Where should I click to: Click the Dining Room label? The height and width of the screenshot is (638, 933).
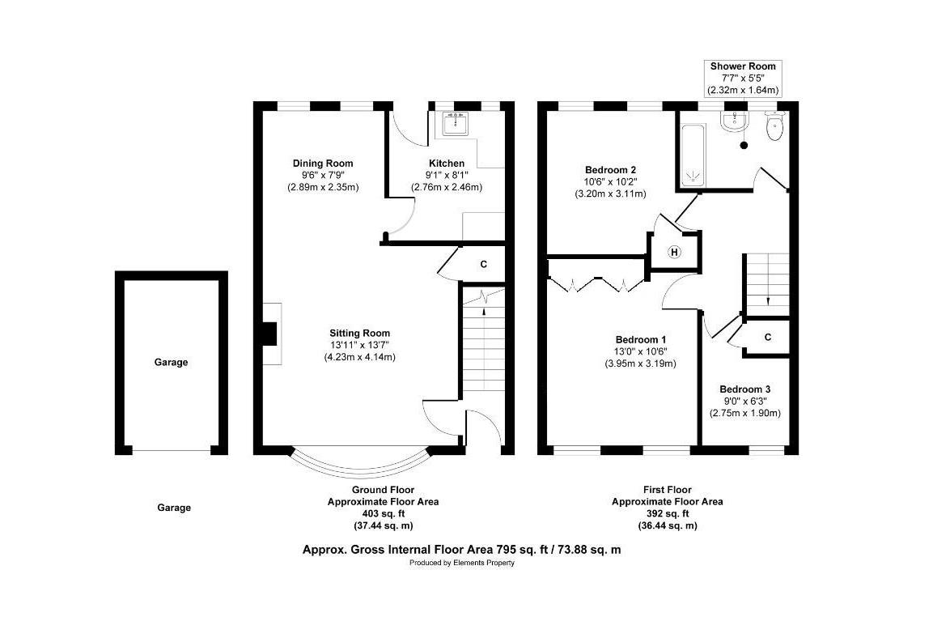point(323,163)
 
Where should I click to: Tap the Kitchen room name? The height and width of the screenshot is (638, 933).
point(446,163)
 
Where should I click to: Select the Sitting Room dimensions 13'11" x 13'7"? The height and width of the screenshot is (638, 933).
point(359,345)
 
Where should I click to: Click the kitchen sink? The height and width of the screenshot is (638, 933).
point(456,124)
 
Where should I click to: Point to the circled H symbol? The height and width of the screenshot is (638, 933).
point(674,253)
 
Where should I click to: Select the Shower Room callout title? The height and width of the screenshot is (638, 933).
point(743,66)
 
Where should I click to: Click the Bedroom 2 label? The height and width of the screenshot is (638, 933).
point(610,169)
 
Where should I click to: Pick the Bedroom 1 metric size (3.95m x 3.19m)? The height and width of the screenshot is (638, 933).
point(640,363)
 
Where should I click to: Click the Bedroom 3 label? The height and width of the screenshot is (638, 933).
point(745,389)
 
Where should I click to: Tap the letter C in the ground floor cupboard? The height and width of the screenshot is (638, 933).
point(484,264)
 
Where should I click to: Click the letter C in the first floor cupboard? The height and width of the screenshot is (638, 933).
point(768,338)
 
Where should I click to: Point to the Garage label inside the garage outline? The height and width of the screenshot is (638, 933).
point(171,362)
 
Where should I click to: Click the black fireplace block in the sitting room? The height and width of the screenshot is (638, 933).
point(270,334)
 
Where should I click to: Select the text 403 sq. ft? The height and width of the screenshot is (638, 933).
point(384,513)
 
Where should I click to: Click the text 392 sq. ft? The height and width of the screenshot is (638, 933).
point(668,513)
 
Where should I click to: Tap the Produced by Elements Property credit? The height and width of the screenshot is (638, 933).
point(462,563)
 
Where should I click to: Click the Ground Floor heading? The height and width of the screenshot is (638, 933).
point(384,490)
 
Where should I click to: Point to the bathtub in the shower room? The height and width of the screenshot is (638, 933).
point(693,155)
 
